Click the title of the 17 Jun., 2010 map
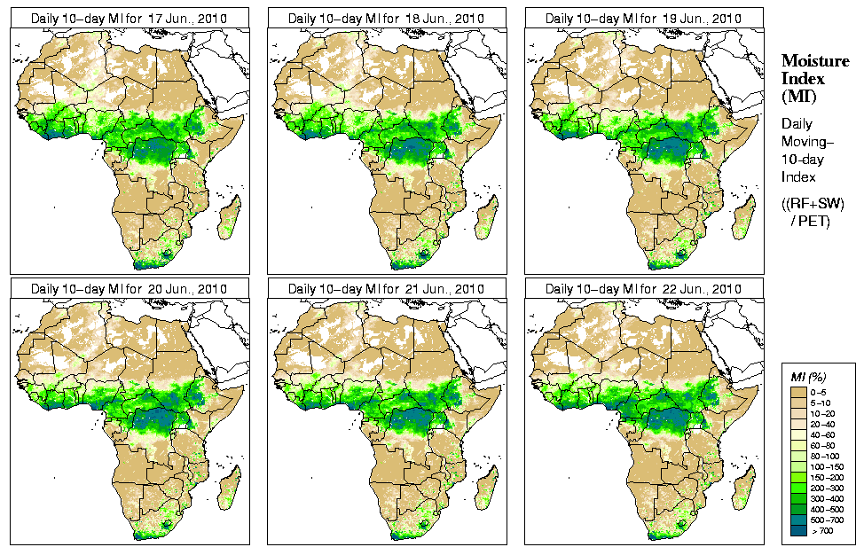pos(129,18)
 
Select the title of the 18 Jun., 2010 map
pos(386,18)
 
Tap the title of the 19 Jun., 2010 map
pos(643,18)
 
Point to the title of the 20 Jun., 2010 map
pos(129,289)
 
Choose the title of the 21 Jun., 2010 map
pos(386,289)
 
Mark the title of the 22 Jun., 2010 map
pos(643,289)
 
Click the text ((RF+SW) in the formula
pos(812,205)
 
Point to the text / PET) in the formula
pos(811,221)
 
